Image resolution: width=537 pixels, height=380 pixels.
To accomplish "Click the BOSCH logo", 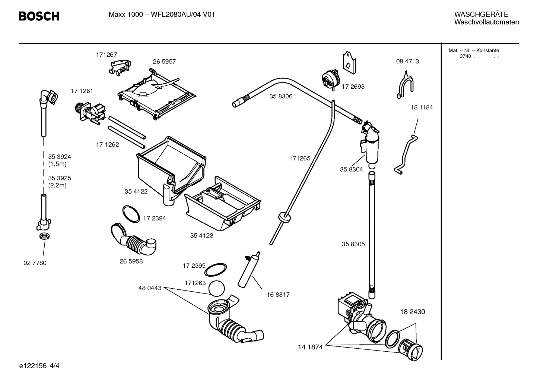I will click(x=39, y=16).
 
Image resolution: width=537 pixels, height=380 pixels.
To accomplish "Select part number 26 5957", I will click(x=164, y=62).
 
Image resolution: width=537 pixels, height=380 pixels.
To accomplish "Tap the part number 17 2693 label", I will click(x=353, y=87).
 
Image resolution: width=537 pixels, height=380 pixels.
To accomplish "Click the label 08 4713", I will click(x=407, y=62).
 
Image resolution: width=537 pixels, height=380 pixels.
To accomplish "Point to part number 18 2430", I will click(x=412, y=312).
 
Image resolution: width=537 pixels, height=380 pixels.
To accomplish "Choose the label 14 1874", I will click(x=310, y=347).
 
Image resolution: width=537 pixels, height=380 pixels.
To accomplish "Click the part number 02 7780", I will click(x=35, y=263).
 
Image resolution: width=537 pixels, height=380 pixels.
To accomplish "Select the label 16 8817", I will click(x=278, y=295).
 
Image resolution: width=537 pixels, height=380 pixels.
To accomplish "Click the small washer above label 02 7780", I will click(x=44, y=236).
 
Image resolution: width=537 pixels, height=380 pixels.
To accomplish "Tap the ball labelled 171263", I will click(x=217, y=289).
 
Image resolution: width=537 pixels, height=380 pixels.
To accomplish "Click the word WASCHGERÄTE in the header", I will click(x=481, y=15).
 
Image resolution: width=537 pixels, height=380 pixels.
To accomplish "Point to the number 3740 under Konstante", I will click(x=465, y=57).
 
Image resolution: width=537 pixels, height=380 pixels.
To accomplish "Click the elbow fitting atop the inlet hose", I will click(x=49, y=97).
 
